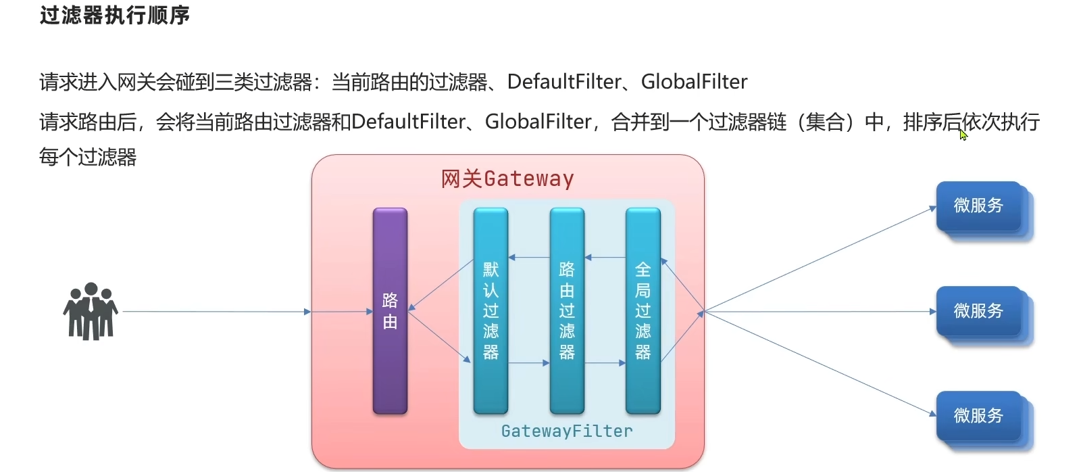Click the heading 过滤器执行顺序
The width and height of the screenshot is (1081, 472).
pyautogui.click(x=115, y=15)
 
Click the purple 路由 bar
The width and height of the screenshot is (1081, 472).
pyautogui.click(x=390, y=311)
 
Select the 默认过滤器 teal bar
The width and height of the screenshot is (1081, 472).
pyautogui.click(x=491, y=311)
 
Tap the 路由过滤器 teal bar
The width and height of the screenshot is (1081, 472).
pyautogui.click(x=567, y=311)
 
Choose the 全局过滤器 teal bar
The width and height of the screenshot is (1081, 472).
pyautogui.click(x=643, y=311)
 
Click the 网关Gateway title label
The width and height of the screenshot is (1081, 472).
pyautogui.click(x=507, y=179)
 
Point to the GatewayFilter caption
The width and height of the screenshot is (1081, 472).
pyautogui.click(x=567, y=431)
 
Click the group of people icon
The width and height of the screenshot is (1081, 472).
pyautogui.click(x=91, y=311)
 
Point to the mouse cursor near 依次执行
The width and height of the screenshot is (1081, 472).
pyautogui.click(x=963, y=135)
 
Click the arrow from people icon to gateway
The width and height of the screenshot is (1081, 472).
pyautogui.click(x=216, y=312)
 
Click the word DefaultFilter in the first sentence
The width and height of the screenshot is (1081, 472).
pyautogui.click(x=564, y=82)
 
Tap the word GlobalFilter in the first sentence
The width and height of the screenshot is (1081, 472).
pyautogui.click(x=694, y=82)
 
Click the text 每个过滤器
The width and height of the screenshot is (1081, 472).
pyautogui.click(x=88, y=157)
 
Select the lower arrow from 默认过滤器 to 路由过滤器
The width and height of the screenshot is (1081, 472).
pyautogui.click(x=528, y=363)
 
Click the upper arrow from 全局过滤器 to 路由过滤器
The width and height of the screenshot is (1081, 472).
pyautogui.click(x=605, y=258)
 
